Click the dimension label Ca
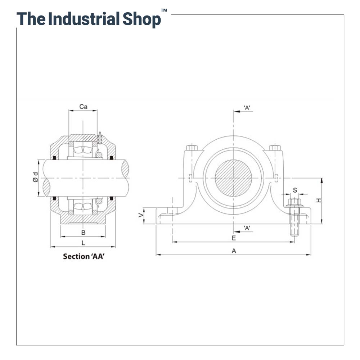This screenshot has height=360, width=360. tap(83, 107)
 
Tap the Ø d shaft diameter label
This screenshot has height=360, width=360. tap(35, 177)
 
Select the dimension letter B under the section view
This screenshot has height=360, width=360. tap(83, 233)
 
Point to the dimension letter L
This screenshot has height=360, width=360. tap(83, 243)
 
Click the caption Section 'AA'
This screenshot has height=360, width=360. tap(86, 257)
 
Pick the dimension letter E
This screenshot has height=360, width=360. tap(234, 238)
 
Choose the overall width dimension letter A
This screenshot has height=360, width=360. tap(234, 251)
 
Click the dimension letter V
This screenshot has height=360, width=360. tap(141, 215)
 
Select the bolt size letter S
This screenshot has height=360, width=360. tap(295, 190)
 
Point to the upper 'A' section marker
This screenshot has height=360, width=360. tap(247, 108)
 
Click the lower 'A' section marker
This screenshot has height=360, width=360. tap(247, 228)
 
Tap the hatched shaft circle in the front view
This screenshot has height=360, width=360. tap(233, 177)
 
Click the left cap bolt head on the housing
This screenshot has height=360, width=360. tap(192, 148)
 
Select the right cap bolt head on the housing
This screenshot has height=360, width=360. tap(275, 148)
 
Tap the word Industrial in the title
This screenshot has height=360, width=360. tap(84, 19)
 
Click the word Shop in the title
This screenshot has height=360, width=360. tap(141, 19)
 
